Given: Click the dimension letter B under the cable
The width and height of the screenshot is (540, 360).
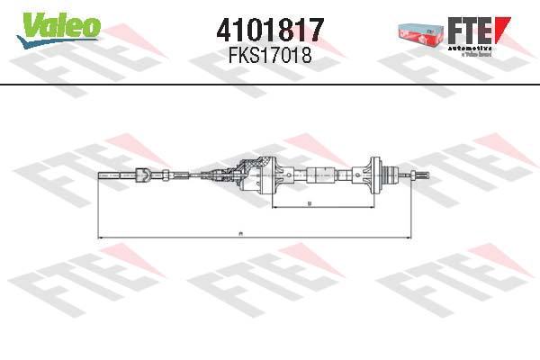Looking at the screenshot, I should (309, 204).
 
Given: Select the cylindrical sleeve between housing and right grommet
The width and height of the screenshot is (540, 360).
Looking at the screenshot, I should (320, 175).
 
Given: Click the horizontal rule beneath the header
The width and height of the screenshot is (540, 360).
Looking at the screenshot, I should (270, 84).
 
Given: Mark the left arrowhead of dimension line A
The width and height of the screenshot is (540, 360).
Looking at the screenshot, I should (100, 238).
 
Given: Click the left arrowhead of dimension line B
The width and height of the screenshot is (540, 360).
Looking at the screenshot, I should (272, 208).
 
